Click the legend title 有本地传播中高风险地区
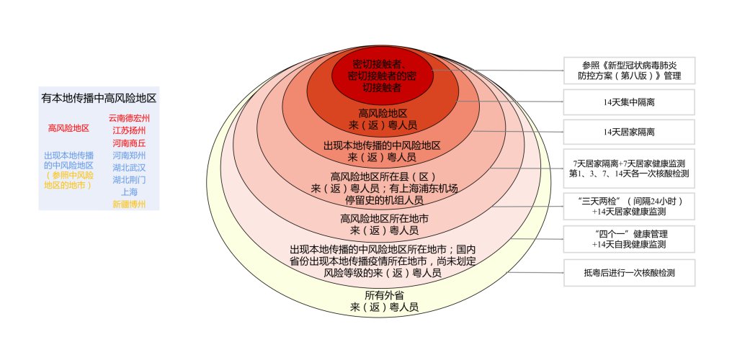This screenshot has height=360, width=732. [99, 99]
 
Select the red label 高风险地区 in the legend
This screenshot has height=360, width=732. [68, 129]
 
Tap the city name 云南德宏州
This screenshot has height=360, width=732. [129, 118]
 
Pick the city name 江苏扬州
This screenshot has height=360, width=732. [129, 130]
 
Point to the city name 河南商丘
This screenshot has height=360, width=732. [129, 143]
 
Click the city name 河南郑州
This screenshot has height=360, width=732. [129, 156]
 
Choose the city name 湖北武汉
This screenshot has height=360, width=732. [129, 168]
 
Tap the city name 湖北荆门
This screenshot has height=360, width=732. [129, 179]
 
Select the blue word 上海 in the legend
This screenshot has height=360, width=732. [129, 192]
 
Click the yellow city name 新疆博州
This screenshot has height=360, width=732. [129, 204]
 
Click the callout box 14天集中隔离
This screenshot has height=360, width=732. [629, 102]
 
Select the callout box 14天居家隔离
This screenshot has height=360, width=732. [629, 132]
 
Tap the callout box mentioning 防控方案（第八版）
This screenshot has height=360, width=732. [629, 71]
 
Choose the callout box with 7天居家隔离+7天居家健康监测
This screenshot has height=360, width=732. [629, 168]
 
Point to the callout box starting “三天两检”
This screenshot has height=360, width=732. [629, 206]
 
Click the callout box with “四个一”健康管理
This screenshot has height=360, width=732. [629, 239]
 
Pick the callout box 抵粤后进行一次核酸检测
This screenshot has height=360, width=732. [629, 273]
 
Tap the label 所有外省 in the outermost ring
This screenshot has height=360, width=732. [384, 295]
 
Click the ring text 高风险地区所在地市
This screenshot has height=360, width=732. [384, 218]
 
